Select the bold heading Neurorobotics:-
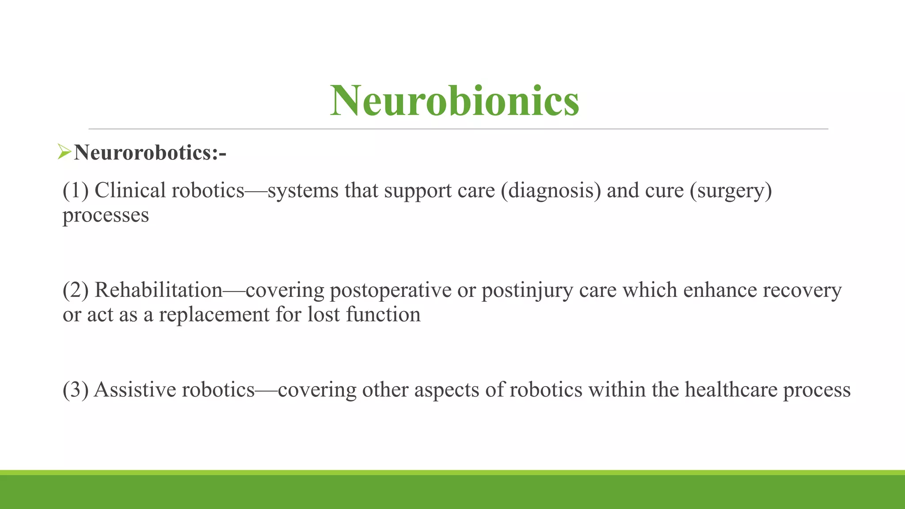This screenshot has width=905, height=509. click(150, 153)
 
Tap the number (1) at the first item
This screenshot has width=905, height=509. click(76, 190)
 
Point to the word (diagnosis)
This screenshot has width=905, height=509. click(551, 190)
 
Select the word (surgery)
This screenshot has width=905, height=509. click(731, 190)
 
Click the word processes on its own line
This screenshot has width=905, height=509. click(106, 216)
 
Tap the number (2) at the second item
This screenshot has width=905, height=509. click(76, 290)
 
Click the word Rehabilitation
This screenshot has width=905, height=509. click(158, 290)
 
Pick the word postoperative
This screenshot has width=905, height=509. click(390, 290)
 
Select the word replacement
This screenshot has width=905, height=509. click(214, 315)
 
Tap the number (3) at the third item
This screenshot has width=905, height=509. click(76, 390)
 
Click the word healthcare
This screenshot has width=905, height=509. click(731, 390)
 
